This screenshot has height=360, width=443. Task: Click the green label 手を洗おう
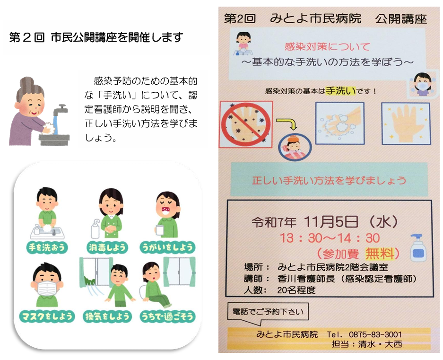(47, 247)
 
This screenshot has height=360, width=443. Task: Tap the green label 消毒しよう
(107, 247)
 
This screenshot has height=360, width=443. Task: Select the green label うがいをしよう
(167, 247)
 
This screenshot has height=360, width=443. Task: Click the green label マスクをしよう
(47, 316)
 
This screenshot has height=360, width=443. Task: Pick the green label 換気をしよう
(107, 316)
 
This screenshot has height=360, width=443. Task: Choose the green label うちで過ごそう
(167, 316)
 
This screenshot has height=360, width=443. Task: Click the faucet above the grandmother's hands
(60, 109)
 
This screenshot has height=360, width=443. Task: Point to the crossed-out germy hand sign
(245, 124)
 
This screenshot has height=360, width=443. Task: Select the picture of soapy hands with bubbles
(339, 123)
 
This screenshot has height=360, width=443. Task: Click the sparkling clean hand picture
(406, 123)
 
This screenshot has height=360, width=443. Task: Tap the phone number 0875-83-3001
(375, 334)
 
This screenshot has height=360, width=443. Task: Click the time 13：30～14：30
(330, 238)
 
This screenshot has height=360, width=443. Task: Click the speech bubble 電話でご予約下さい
(268, 312)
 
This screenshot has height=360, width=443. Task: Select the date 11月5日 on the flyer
(331, 222)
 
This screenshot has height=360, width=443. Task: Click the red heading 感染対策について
(327, 47)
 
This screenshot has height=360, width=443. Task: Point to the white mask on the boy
(47, 289)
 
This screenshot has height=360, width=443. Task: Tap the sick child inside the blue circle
(295, 147)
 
